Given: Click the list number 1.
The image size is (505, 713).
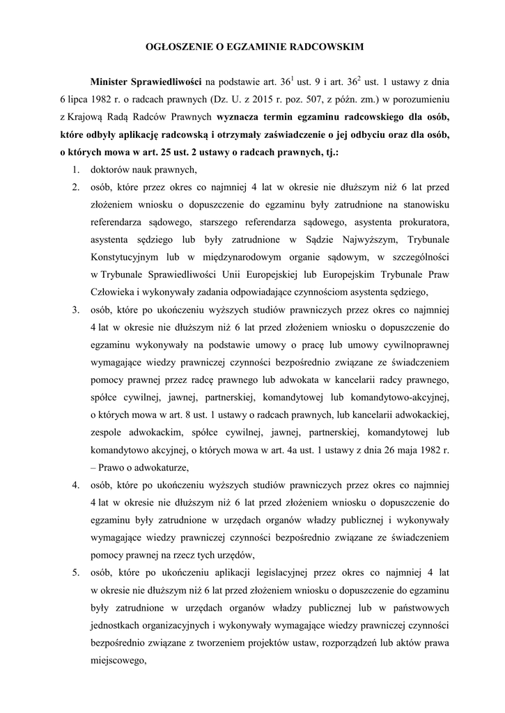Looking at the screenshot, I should pos(75,170).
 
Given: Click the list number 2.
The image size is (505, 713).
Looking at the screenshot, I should pos(75,187).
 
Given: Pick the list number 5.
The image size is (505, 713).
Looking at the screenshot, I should pos(75,572).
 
